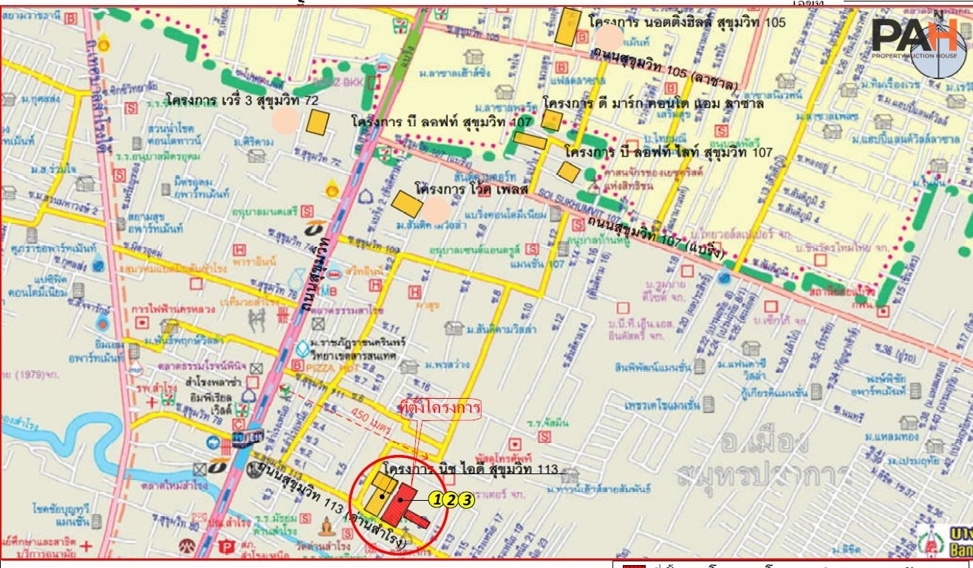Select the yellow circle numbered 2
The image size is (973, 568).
click(451, 500)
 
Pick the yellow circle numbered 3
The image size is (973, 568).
click(466, 500)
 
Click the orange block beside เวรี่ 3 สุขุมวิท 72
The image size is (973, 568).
click(318, 122)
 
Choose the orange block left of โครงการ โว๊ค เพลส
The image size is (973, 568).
click(406, 203)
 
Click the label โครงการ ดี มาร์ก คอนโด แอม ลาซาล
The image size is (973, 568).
click(652, 103)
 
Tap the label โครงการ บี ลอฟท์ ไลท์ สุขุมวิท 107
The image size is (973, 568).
click(668, 152)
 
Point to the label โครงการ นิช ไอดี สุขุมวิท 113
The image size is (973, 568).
click(473, 469)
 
